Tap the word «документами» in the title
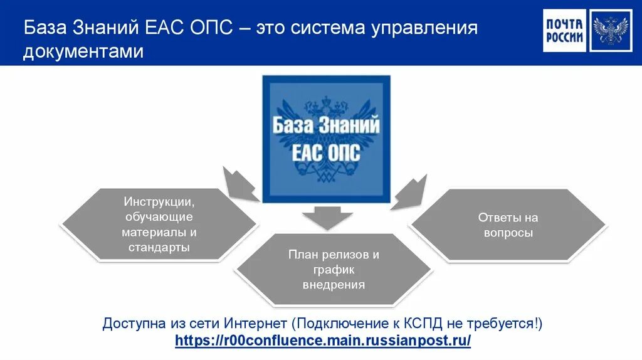pyautogui.click(x=83, y=52)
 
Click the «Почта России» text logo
pyautogui.click(x=564, y=31)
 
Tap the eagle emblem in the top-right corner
pyautogui.click(x=610, y=31)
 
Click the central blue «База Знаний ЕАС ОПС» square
pyautogui.click(x=326, y=139)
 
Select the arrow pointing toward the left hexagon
pyautogui.click(x=239, y=183)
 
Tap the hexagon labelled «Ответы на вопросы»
pyautogui.click(x=508, y=225)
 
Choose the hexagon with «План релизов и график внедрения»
pyautogui.click(x=334, y=270)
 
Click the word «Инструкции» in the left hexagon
pyautogui.click(x=159, y=202)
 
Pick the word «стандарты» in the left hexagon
pyautogui.click(x=159, y=247)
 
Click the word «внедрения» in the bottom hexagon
pyautogui.click(x=334, y=285)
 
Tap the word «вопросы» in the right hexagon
pyautogui.click(x=508, y=233)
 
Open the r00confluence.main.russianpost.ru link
pyautogui.click(x=322, y=341)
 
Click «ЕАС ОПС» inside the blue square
pyautogui.click(x=326, y=153)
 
